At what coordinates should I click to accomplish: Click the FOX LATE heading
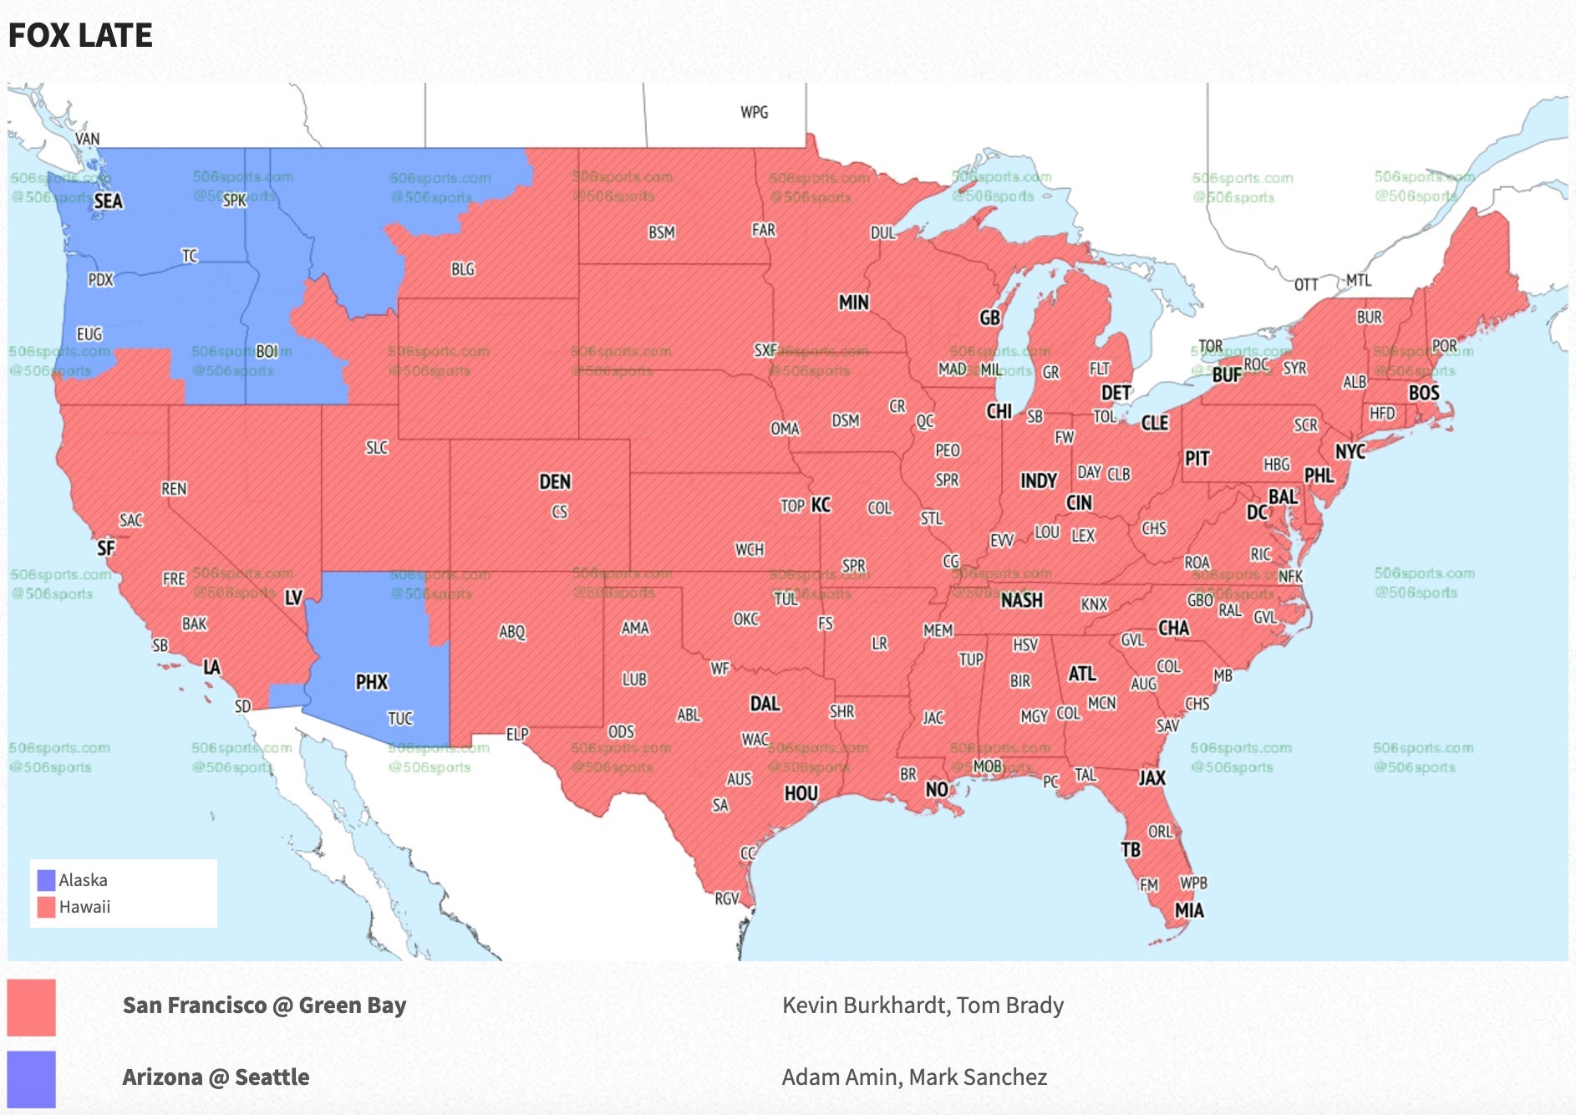click(80, 35)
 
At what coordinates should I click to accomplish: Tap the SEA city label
click(108, 201)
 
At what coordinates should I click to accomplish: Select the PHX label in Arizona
click(371, 682)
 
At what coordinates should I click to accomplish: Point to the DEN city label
click(555, 481)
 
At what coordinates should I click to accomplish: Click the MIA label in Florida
click(1189, 910)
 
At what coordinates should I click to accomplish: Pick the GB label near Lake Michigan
click(989, 318)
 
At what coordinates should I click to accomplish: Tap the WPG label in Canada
click(754, 112)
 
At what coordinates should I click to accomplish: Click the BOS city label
click(1423, 393)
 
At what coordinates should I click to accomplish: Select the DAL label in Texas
click(765, 704)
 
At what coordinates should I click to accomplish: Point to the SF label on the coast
click(106, 549)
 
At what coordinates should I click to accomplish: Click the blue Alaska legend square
click(47, 880)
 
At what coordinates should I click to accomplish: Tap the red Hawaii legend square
click(47, 907)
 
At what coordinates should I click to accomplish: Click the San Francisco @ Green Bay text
click(264, 1006)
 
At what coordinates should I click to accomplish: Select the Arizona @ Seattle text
click(216, 1077)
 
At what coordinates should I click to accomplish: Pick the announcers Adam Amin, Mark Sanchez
click(914, 1077)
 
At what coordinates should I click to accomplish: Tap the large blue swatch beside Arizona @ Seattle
click(32, 1078)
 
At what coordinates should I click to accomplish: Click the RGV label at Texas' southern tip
click(726, 899)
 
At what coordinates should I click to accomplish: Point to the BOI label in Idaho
click(267, 352)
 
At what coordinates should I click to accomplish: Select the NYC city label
click(1350, 452)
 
